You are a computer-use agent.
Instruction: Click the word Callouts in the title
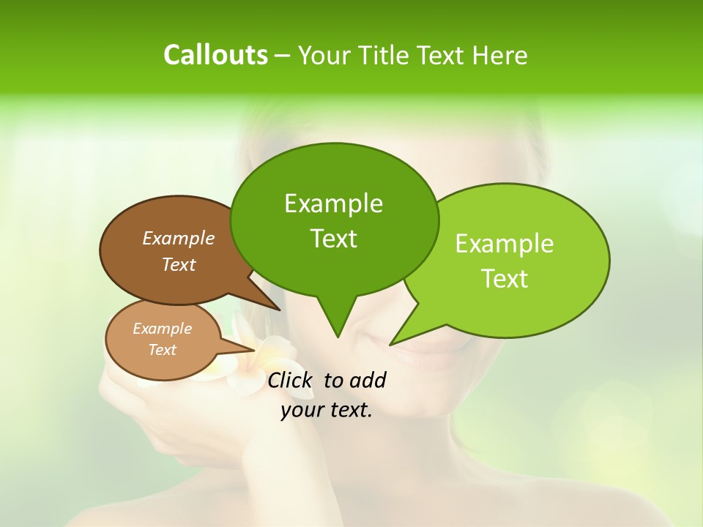[x=215, y=55]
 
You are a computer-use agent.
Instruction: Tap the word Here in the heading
[x=500, y=55]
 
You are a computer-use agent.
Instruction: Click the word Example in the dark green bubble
[x=333, y=203]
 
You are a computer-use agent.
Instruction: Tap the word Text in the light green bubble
[x=505, y=279]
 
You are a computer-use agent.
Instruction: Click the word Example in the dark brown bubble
[x=178, y=239]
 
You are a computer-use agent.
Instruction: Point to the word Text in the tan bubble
[x=162, y=350]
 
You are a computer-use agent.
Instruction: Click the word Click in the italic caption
[x=290, y=380]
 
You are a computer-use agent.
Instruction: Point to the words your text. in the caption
[x=327, y=410]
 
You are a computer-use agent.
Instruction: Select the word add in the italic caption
[x=368, y=380]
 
